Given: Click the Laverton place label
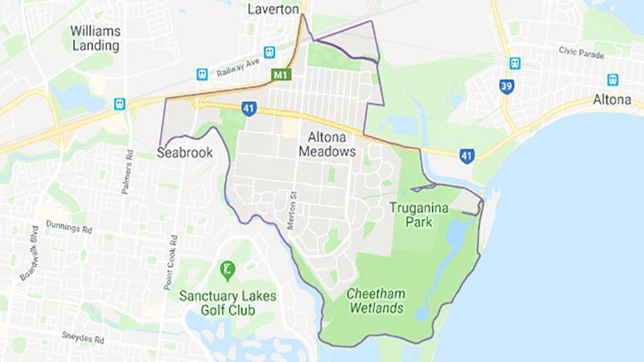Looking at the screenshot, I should [273, 9].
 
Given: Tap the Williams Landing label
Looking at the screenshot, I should [95, 38].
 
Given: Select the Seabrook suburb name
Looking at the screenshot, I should [184, 153].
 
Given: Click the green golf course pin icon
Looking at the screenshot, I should [227, 270].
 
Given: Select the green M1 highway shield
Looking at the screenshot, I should [280, 75].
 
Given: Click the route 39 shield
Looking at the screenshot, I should [507, 86].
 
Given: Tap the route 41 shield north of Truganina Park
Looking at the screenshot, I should [468, 156].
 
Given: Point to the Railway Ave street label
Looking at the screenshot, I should [238, 68].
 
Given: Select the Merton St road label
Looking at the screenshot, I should [292, 211].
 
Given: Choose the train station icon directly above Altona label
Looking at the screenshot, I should [612, 80].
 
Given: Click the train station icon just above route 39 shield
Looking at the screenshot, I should [515, 63].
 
